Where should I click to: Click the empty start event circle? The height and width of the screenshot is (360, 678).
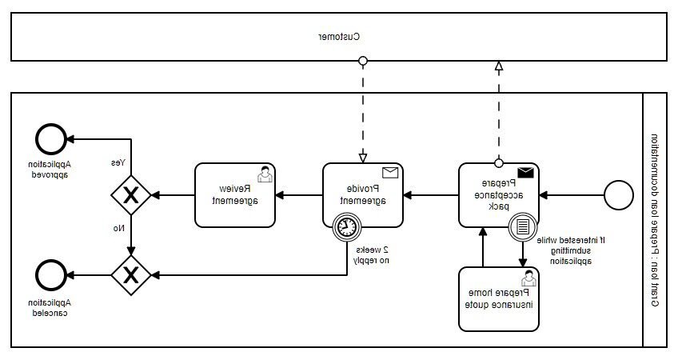617,194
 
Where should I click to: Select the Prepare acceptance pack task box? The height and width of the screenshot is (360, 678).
498,194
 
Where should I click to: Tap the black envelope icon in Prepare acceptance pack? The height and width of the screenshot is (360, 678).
525,173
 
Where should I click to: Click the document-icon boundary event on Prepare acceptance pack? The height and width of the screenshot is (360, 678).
521,227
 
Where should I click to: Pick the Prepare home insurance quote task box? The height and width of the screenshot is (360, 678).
498,299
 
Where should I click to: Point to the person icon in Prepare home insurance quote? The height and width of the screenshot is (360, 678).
527,278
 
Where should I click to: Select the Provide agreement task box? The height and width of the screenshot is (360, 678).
362,194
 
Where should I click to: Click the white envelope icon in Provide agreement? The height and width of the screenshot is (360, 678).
389,173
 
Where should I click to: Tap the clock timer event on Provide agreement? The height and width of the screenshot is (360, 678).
345,227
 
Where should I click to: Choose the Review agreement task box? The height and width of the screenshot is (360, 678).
236,194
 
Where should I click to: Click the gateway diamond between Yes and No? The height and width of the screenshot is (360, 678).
130,194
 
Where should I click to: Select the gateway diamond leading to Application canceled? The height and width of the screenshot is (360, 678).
130,275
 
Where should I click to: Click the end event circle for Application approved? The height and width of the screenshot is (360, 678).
50,138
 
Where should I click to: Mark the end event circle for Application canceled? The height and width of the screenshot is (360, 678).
50,275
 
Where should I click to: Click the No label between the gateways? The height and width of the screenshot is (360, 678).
118,229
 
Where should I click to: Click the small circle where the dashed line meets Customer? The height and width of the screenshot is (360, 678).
363,61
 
